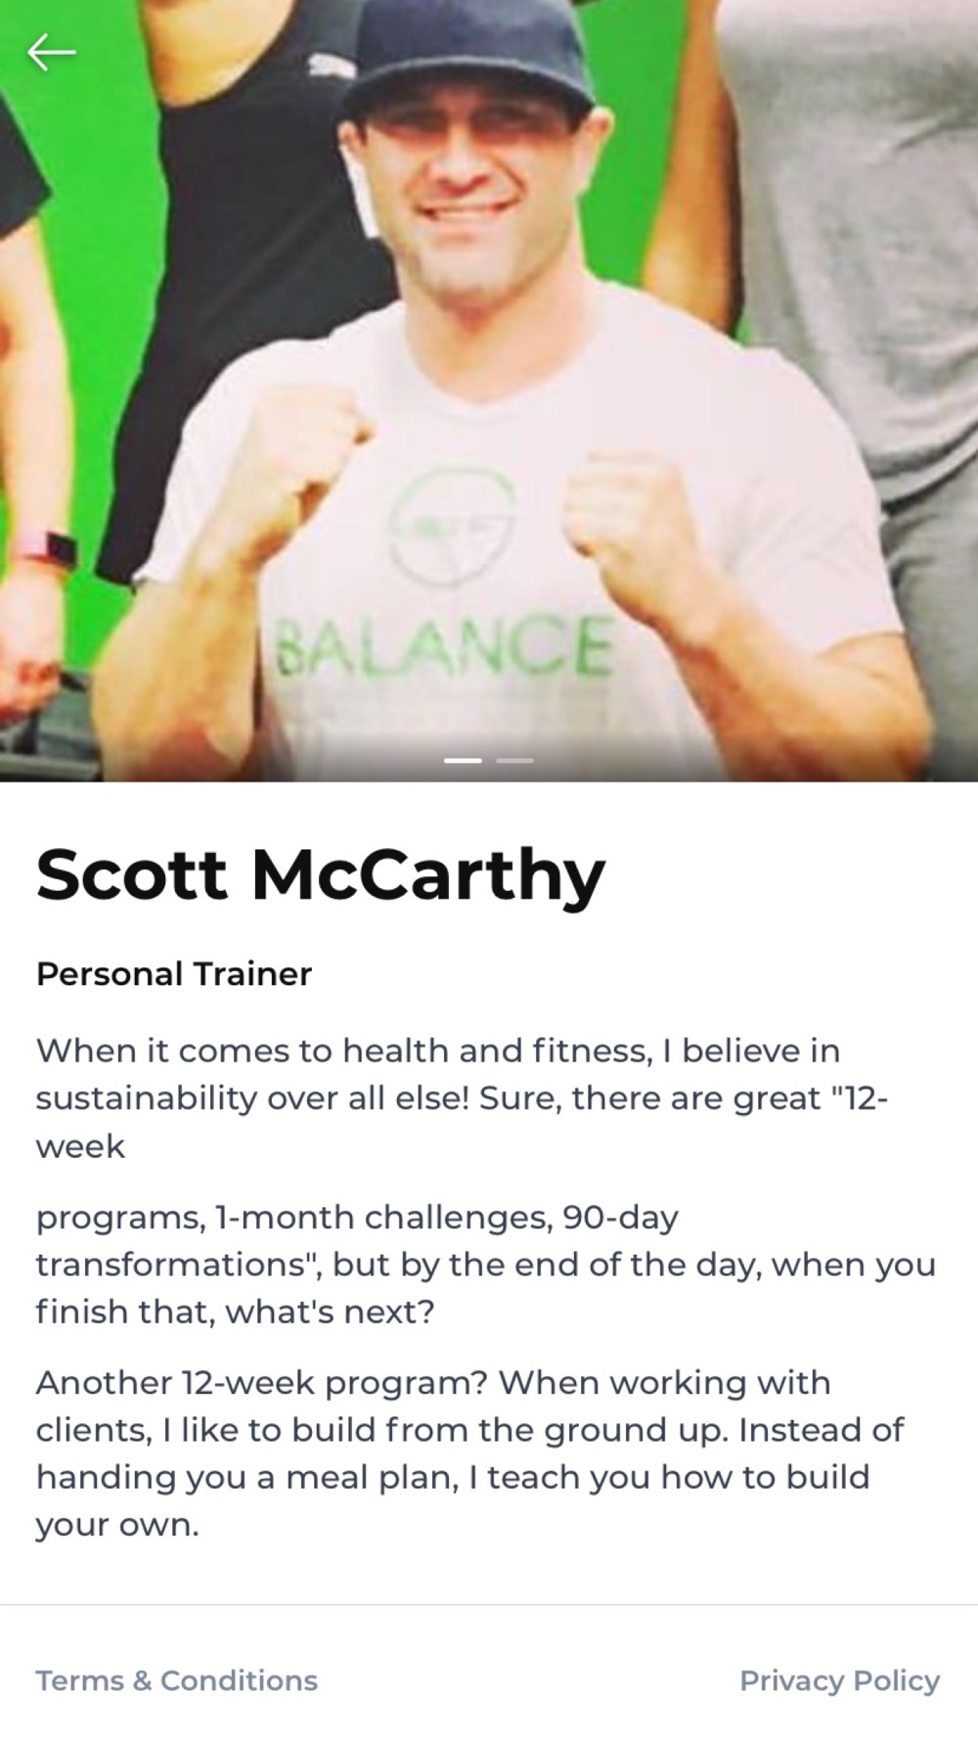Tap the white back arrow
click(x=51, y=52)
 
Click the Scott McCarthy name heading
click(x=321, y=874)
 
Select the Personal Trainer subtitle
click(x=174, y=974)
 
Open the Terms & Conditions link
click(x=177, y=1680)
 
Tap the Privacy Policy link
click(x=839, y=1680)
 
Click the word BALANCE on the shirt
click(x=447, y=646)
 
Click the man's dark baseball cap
click(x=467, y=61)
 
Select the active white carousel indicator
click(x=463, y=760)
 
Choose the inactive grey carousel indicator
click(x=515, y=760)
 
